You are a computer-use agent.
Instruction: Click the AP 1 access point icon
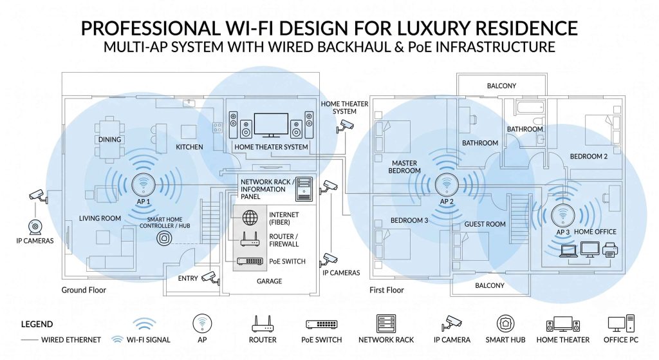144,184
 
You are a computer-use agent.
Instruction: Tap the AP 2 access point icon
447,184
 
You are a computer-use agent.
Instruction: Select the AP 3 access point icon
562,215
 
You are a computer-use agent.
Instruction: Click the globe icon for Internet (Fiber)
250,218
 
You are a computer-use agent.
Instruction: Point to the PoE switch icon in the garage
250,261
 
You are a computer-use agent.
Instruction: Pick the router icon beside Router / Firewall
250,240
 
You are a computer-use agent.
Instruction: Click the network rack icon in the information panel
304,189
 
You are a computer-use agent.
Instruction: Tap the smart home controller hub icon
164,238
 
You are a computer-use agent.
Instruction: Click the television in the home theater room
271,125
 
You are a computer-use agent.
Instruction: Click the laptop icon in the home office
569,252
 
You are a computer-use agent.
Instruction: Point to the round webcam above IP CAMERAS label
35,227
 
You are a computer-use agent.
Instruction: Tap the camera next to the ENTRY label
210,278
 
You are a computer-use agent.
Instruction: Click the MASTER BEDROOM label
404,167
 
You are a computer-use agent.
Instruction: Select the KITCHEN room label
190,147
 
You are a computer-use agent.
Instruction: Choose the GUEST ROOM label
485,225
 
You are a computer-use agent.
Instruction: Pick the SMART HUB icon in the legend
505,324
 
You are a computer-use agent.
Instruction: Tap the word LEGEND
37,324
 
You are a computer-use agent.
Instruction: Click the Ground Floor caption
84,290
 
